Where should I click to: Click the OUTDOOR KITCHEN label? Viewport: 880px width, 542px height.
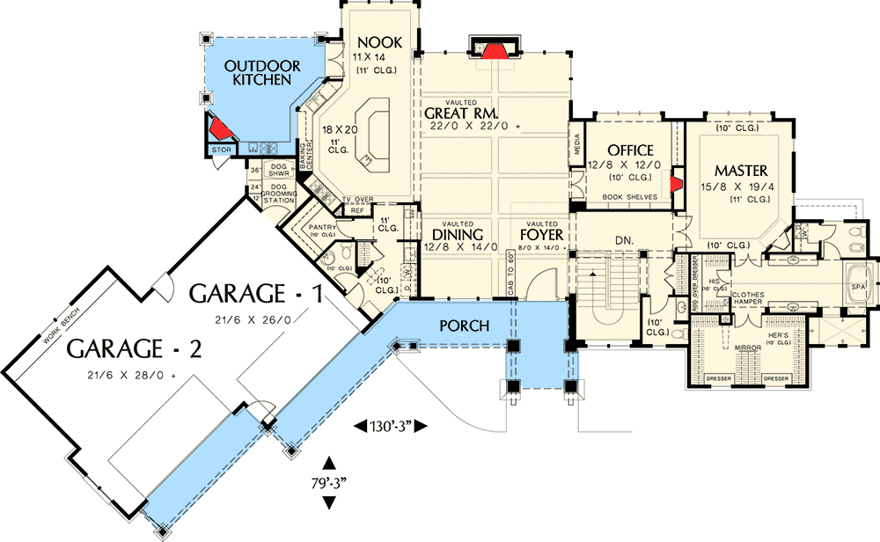(261, 72)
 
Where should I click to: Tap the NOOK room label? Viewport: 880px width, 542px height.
(379, 42)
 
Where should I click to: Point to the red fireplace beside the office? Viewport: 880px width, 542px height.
(677, 184)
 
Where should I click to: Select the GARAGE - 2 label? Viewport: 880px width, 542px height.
(136, 348)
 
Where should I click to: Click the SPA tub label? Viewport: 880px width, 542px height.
(857, 287)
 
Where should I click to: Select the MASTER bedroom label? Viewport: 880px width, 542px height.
(740, 170)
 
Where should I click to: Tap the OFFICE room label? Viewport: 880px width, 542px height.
(630, 150)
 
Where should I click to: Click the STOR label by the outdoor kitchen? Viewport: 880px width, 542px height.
(221, 150)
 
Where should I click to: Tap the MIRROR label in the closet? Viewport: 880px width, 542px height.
(747, 348)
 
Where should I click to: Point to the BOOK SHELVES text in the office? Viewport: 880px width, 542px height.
(628, 197)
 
